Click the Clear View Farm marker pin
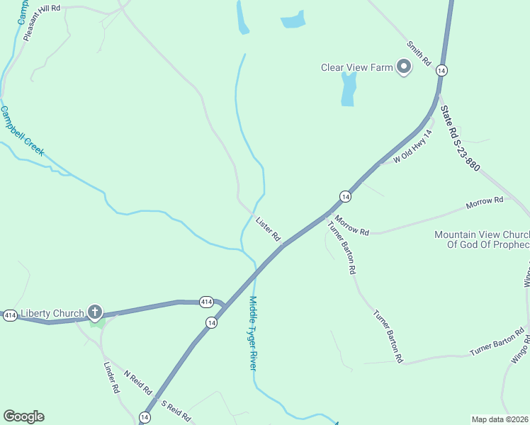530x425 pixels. click(x=405, y=68)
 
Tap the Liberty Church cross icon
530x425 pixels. click(x=95, y=312)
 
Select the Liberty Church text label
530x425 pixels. click(x=52, y=313)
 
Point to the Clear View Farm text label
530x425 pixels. click(x=356, y=68)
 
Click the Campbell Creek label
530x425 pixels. click(x=23, y=132)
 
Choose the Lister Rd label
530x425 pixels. click(x=269, y=228)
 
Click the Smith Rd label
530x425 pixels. click(x=419, y=54)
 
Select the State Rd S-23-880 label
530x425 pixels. click(x=460, y=139)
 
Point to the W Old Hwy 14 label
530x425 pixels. click(x=413, y=147)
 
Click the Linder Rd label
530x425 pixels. click(x=111, y=378)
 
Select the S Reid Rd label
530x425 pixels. click(x=176, y=412)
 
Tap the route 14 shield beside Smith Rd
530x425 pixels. click(x=441, y=70)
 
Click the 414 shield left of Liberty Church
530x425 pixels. click(x=9, y=314)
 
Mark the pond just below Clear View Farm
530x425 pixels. click(x=348, y=89)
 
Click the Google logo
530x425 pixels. click(x=23, y=416)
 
